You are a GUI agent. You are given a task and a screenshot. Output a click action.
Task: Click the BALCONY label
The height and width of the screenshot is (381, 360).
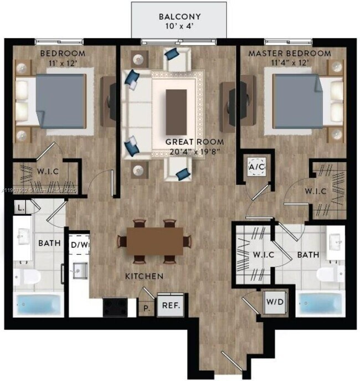(179, 16)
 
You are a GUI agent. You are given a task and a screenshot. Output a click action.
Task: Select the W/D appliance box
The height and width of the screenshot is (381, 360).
(272, 302)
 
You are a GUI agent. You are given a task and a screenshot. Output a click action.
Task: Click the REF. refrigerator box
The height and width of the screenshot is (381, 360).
(169, 305)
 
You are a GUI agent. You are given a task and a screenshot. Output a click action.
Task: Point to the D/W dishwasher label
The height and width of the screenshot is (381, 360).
(80, 244)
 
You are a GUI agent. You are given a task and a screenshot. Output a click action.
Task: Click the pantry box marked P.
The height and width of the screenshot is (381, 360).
(146, 307)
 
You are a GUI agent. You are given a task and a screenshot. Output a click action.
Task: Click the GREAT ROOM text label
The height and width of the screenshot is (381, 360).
(188, 141)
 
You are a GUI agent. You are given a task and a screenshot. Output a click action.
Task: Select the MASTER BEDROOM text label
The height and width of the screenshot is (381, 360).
(289, 54)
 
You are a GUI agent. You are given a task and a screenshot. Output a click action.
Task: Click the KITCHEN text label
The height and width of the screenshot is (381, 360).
(144, 275)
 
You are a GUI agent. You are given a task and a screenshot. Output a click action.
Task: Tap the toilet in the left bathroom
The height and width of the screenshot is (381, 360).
(28, 277)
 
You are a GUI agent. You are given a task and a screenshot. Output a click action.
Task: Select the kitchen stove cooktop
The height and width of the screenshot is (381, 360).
(115, 306)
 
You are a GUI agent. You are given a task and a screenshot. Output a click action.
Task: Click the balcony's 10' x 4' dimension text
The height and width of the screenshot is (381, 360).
(179, 26)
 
